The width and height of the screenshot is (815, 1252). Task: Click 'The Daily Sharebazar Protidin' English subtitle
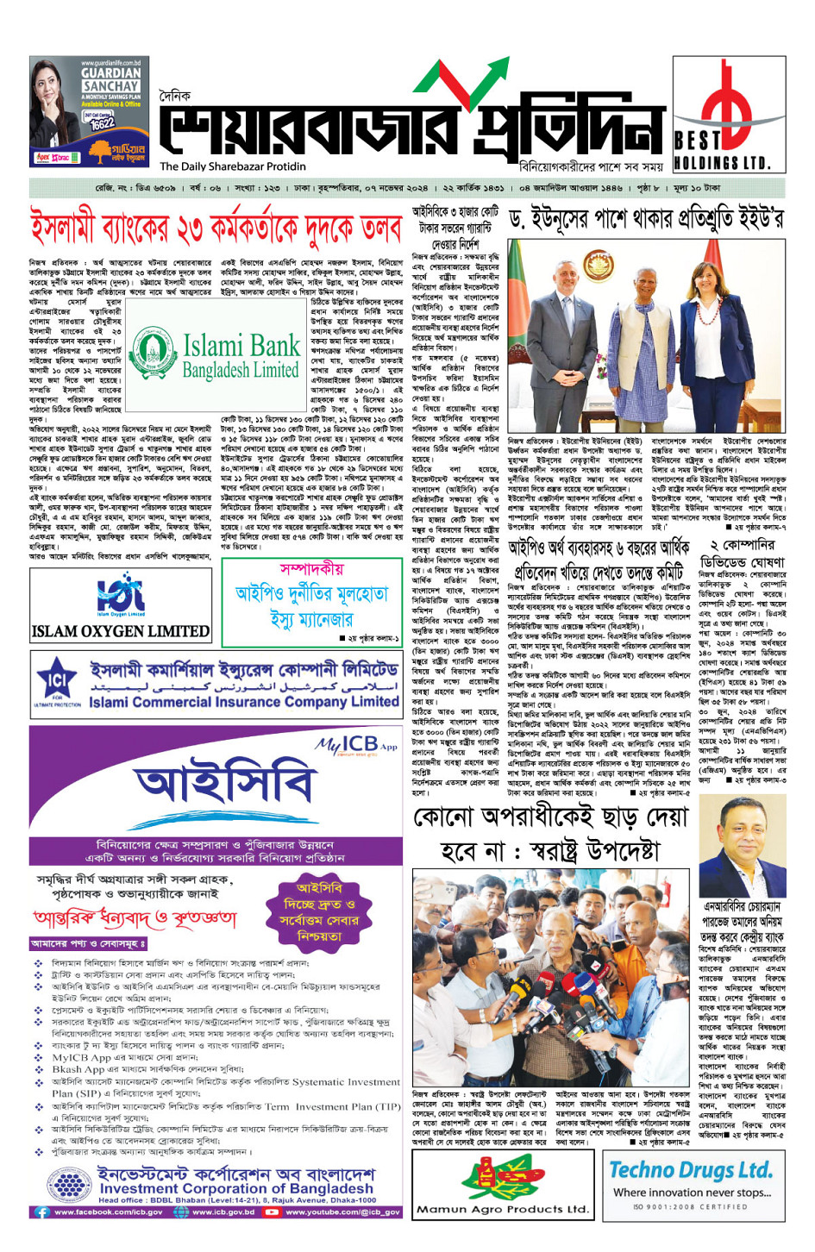[x=233, y=167]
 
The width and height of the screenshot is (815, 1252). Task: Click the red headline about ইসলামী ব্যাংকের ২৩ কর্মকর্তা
[x=216, y=229]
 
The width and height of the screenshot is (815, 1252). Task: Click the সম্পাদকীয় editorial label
[x=311, y=569]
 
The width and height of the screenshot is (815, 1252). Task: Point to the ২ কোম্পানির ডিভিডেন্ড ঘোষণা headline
[x=743, y=554]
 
